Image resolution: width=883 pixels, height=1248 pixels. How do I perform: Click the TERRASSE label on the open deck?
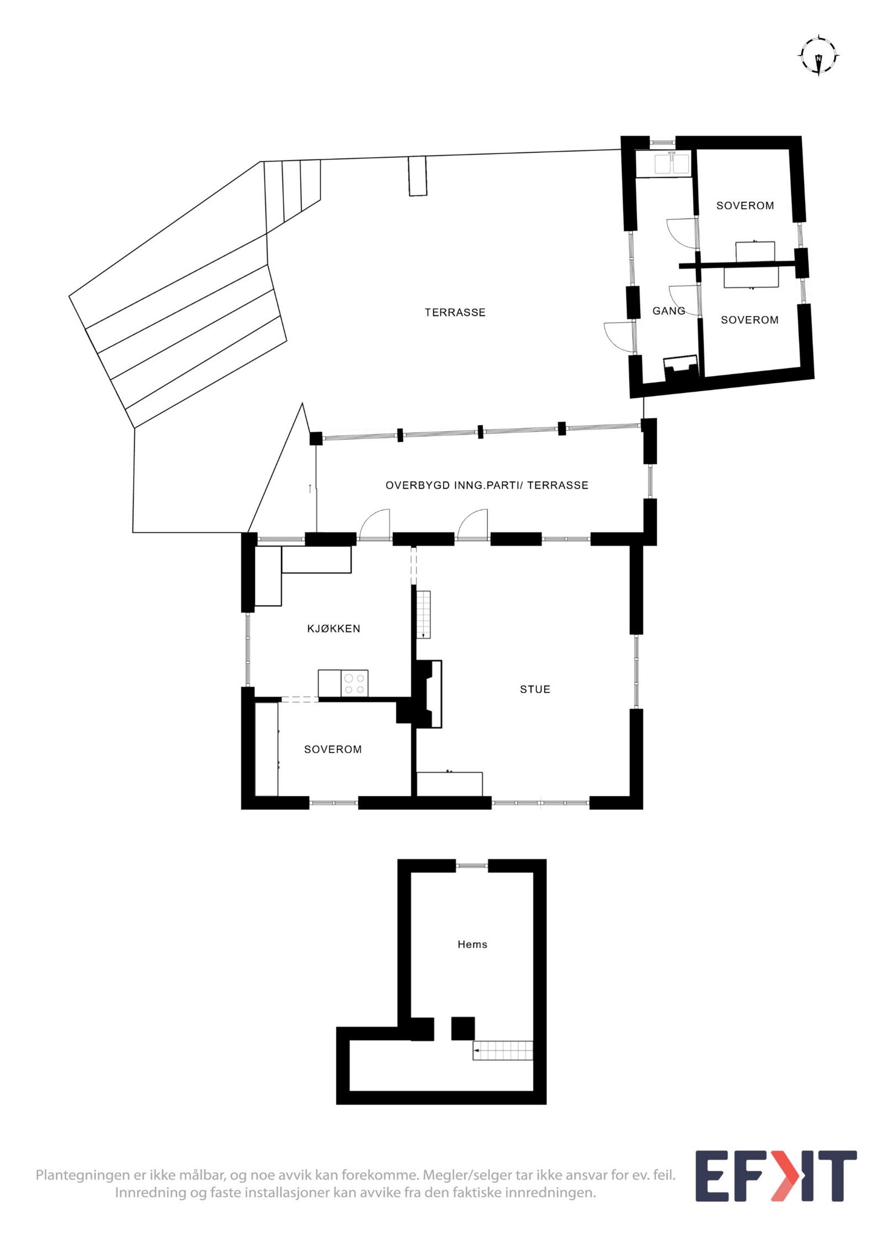coord(455,312)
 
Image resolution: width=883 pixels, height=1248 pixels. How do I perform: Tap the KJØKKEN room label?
coord(333,628)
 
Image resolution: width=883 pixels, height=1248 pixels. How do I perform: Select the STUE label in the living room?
coord(535,689)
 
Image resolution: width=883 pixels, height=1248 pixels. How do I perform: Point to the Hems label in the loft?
coord(472,944)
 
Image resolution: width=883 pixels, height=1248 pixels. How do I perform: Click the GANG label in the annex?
coord(668,310)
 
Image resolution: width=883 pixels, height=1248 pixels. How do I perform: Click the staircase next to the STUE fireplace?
coord(423,614)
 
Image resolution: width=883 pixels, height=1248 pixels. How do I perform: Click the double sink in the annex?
coord(671,164)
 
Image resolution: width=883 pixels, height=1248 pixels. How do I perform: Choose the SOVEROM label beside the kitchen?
coord(333,749)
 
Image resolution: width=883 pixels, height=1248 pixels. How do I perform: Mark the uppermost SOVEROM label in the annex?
coord(745,205)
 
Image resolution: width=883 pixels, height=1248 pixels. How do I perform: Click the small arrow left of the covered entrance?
coord(310,488)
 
